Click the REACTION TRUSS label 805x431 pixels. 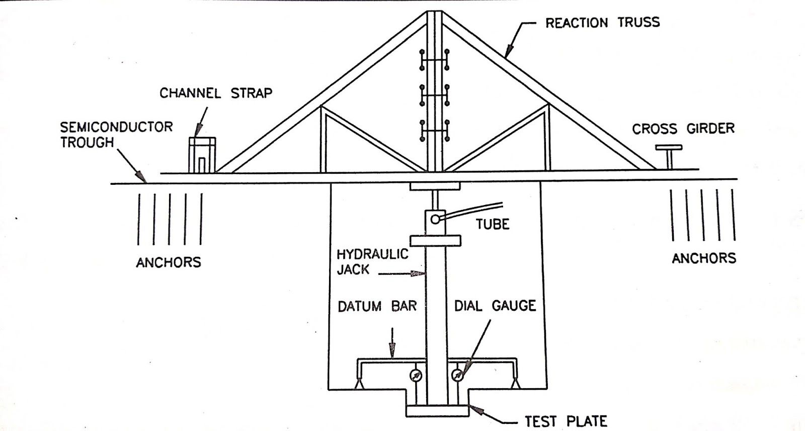[x=602, y=23]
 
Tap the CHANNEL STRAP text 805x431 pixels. [x=216, y=93]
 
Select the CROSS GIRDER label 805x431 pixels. [x=683, y=129]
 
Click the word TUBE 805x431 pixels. [x=493, y=224]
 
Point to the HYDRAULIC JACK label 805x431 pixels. [x=372, y=261]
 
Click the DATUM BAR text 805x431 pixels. [x=377, y=306]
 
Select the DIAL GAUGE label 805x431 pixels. [x=495, y=306]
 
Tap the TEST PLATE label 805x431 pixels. [x=566, y=421]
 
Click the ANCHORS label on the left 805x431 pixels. [x=169, y=262]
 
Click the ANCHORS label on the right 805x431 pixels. [x=704, y=258]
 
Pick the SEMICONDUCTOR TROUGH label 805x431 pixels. [x=116, y=134]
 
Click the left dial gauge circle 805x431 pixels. [x=416, y=375]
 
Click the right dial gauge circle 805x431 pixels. [x=457, y=375]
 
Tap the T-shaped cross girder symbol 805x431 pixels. [x=669, y=157]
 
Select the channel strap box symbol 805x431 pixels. [x=202, y=155]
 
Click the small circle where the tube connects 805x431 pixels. [x=435, y=219]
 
